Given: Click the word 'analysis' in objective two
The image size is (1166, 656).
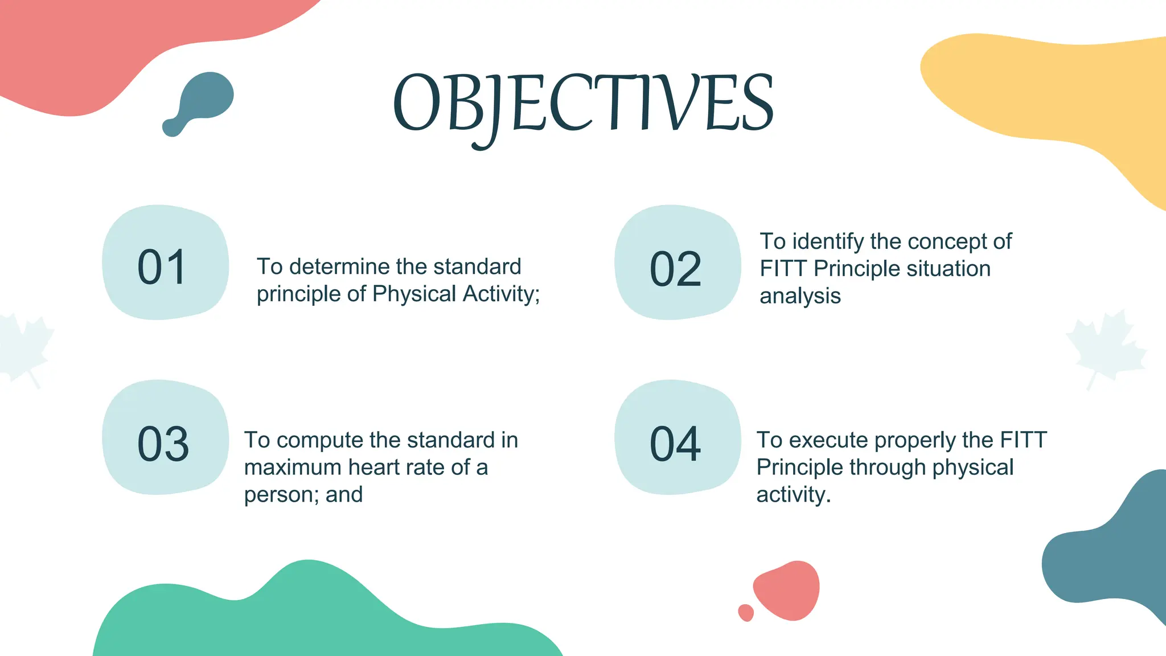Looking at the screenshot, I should coord(800,296).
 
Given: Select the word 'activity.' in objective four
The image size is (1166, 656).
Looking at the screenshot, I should coord(793,495).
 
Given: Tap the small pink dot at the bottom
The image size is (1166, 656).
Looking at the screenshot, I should coord(746,613).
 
